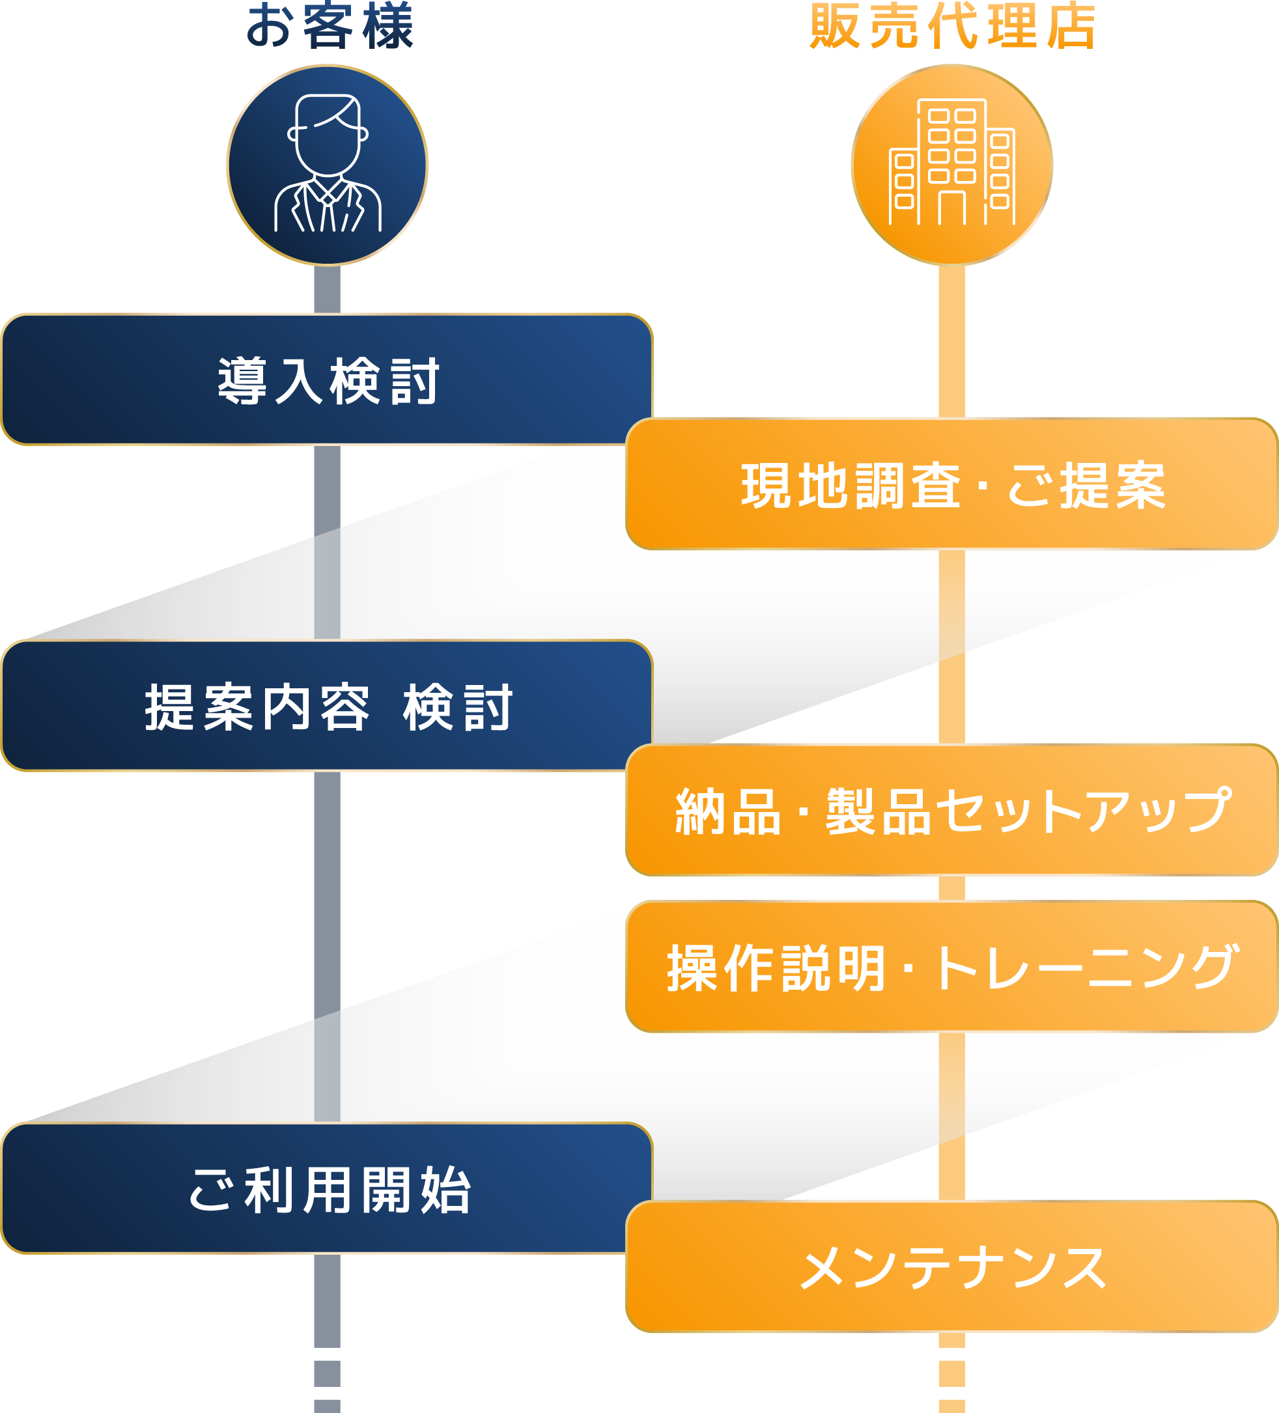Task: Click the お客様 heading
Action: tap(330, 27)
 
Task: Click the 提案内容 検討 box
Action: tap(328, 706)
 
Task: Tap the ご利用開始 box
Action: tap(328, 1190)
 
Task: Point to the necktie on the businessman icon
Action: tap(328, 210)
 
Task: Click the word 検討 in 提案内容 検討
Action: tap(458, 707)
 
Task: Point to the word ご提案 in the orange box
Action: tap(1087, 485)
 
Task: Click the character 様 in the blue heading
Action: tap(388, 27)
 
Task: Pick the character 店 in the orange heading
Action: tap(1071, 27)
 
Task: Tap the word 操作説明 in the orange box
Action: tap(776, 968)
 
